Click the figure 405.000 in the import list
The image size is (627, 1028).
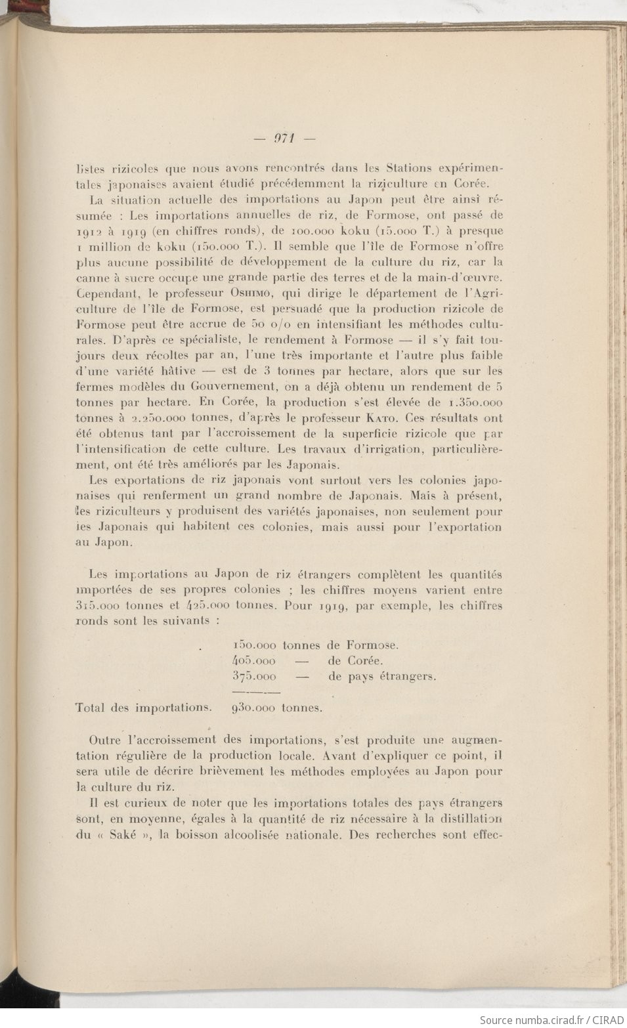point(254,661)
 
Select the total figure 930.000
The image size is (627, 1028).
point(254,708)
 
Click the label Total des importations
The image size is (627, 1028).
point(144,708)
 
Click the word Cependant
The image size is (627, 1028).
point(104,293)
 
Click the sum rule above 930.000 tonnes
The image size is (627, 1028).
point(257,692)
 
